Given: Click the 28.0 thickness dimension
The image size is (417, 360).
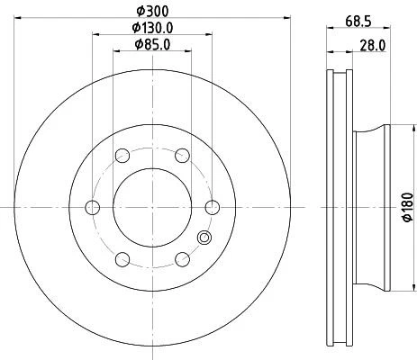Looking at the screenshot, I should click(372, 43).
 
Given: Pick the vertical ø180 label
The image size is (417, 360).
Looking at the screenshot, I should click(407, 208).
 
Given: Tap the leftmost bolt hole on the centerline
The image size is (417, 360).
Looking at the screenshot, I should click(92, 208).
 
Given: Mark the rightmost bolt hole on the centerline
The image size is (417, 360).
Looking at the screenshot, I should click(212, 208).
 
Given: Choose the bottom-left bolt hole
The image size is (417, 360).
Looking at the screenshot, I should click(122, 259).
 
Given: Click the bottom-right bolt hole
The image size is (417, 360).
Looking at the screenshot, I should click(182, 259).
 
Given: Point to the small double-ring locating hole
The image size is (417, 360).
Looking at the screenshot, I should click(204, 238).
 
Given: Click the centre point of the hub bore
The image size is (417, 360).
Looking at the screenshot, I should click(151, 208).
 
